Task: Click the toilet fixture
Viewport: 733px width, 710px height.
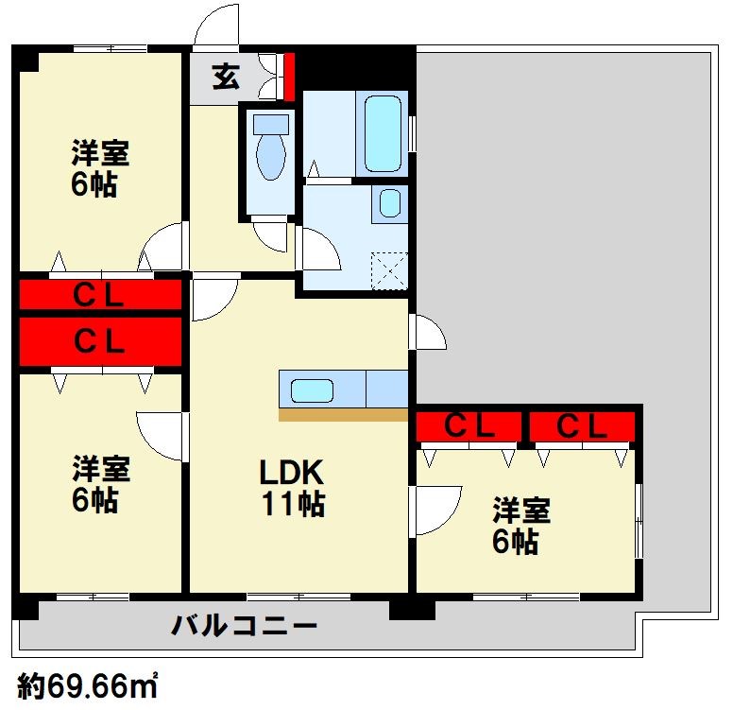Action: [271, 147]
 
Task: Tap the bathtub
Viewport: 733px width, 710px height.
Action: [383, 134]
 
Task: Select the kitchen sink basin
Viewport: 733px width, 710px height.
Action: [312, 390]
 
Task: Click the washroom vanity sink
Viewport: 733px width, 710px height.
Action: [390, 203]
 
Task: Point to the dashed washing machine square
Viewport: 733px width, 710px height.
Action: [389, 271]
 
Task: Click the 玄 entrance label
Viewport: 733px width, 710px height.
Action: [227, 77]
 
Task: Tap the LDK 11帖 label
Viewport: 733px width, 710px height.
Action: [292, 488]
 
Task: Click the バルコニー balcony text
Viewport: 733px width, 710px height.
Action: [244, 626]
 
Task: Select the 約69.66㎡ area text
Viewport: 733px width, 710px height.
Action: [88, 687]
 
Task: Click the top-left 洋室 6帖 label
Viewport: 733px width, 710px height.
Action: [100, 168]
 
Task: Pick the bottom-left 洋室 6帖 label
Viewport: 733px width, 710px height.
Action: [100, 484]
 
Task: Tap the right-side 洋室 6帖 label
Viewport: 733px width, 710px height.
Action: [521, 526]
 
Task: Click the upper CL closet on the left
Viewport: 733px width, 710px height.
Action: [100, 294]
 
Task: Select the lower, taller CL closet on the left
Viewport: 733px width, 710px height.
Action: [100, 341]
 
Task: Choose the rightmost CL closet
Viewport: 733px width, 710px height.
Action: [582, 426]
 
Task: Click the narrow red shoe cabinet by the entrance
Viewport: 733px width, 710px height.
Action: [289, 77]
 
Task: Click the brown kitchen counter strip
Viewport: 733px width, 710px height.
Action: [343, 415]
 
